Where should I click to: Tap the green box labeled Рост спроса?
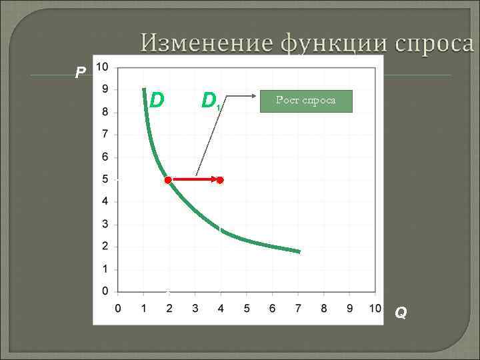point(306,101)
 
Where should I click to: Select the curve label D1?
point(211,101)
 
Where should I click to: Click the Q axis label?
point(400,312)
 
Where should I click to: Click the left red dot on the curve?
point(168,180)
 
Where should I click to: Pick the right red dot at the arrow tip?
point(220,180)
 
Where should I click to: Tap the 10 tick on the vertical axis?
point(102,67)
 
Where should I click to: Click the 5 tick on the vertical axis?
point(105,179)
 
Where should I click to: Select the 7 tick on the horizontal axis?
point(298,308)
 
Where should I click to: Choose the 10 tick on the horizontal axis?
point(375,308)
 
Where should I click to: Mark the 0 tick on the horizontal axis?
point(118,308)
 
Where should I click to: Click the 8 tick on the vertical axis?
point(105,112)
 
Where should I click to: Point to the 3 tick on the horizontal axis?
point(195,308)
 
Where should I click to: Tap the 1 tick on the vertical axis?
point(105,269)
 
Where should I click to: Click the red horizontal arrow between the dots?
point(194,180)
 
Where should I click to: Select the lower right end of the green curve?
point(299,251)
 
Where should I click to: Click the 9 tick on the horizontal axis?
point(349,308)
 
